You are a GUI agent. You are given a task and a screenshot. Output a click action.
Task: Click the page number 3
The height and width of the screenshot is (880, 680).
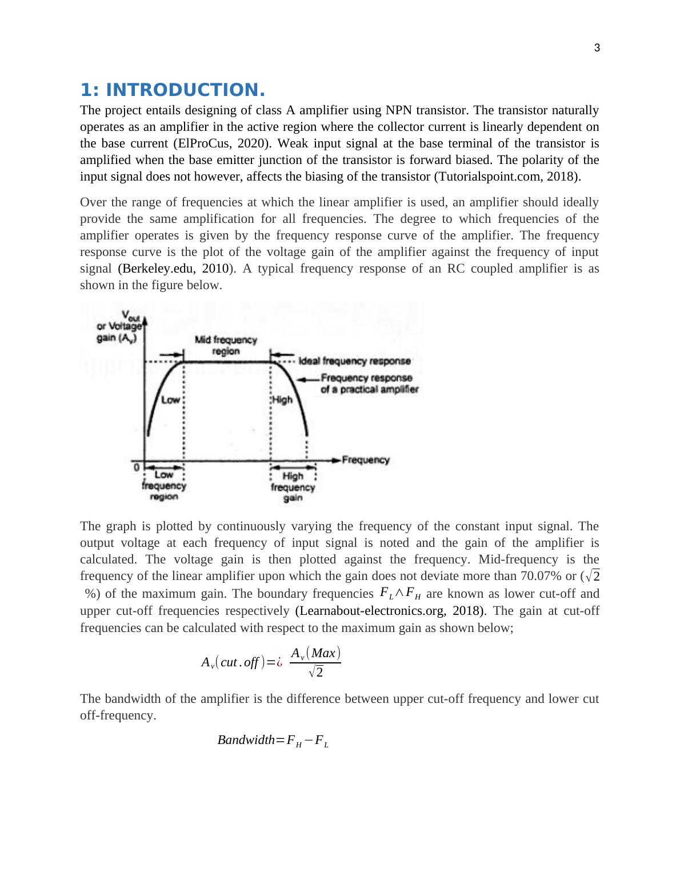pos(597,48)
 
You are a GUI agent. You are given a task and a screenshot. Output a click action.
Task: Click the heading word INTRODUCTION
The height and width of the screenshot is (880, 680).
pos(185,90)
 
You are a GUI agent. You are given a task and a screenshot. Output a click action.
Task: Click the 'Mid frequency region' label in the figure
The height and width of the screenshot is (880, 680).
pos(226,345)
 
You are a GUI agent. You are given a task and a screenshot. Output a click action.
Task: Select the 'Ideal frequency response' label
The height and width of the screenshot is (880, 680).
pos(354,361)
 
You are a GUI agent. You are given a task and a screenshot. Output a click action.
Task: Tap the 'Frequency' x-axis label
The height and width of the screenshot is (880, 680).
pos(366,459)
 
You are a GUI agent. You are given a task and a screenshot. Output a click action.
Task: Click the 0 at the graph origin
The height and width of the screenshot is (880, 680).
pos(137,467)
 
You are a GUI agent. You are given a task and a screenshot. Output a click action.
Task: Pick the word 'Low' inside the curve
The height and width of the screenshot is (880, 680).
pos(170,399)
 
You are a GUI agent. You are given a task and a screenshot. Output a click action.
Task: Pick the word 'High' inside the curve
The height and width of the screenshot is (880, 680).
pos(282,399)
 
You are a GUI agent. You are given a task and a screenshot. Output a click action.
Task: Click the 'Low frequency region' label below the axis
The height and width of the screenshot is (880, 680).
pos(164,486)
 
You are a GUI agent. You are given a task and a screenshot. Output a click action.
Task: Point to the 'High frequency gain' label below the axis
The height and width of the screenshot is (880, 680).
pos(293,487)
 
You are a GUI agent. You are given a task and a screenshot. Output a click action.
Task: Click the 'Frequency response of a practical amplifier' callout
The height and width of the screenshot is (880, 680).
pos(369,383)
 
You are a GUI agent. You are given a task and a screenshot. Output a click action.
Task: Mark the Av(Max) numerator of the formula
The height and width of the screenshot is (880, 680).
pos(315,653)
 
